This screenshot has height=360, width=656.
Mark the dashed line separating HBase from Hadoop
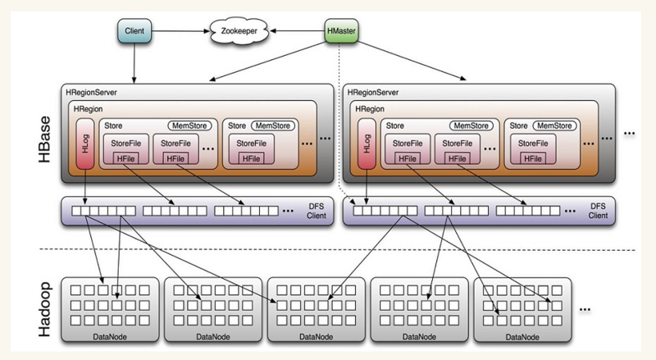(328, 249)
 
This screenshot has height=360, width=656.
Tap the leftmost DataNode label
(112, 336)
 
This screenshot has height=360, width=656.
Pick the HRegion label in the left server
(87, 108)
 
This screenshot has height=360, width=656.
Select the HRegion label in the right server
(368, 108)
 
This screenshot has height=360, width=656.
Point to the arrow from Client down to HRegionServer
(134, 62)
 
